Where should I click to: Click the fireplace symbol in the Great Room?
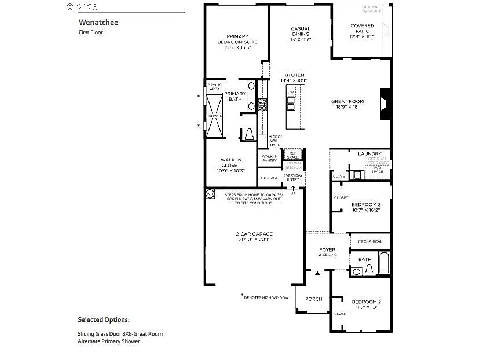[384, 104]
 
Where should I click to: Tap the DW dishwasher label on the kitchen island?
[291, 92]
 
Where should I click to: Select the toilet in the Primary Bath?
[250, 134]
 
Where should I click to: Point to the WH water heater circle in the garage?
[210, 194]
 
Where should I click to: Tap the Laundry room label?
[369, 153]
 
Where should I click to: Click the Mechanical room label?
[370, 241]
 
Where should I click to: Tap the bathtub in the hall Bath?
[384, 263]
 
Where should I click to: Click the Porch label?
[314, 299]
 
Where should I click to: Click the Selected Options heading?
[104, 319]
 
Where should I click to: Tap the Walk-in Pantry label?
[269, 158]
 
